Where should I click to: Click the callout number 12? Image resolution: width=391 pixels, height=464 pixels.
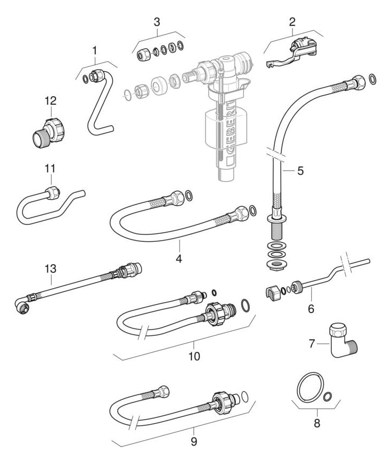coord(50,101)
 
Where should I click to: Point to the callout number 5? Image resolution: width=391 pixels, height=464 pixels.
coord(300,171)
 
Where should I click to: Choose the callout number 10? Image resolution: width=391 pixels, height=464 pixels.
coord(194,356)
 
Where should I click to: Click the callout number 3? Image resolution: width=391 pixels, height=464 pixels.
coord(156,22)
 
